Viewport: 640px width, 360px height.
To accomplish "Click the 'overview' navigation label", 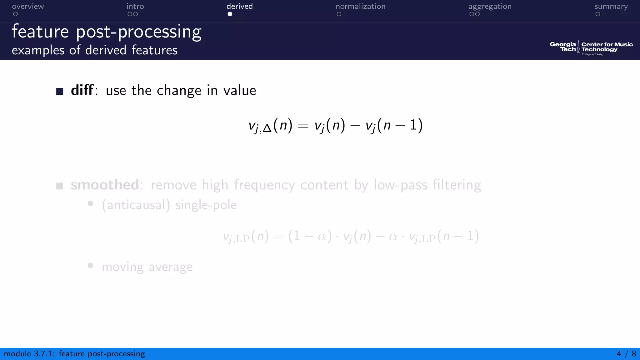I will coord(28,6).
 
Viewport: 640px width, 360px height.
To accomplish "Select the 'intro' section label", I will coord(135,6).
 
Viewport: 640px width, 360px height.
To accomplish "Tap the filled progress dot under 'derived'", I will coord(230,14).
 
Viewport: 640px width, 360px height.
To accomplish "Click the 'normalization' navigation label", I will coord(360,6).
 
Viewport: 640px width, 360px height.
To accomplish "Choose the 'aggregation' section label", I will coord(490,6).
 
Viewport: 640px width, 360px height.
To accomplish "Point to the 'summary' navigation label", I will coord(611,6).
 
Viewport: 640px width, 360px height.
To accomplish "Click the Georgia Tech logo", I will coord(563,47).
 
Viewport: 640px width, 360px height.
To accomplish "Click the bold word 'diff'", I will coord(82,90).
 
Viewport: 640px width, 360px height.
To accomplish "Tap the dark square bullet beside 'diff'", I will coord(60,91).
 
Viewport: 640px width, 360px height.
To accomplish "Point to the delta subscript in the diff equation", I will coord(267,129).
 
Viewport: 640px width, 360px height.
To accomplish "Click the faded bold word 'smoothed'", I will coord(105,185).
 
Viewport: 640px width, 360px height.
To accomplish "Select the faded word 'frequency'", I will coord(264,185).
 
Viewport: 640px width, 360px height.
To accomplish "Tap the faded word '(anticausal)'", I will coord(136,205).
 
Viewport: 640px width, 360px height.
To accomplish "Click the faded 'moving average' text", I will coord(147,267).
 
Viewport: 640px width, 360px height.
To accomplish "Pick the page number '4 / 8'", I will coord(626,354).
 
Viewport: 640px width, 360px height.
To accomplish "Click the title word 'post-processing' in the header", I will coord(139,32).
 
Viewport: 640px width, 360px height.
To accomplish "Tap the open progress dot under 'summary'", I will coord(598,14).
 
